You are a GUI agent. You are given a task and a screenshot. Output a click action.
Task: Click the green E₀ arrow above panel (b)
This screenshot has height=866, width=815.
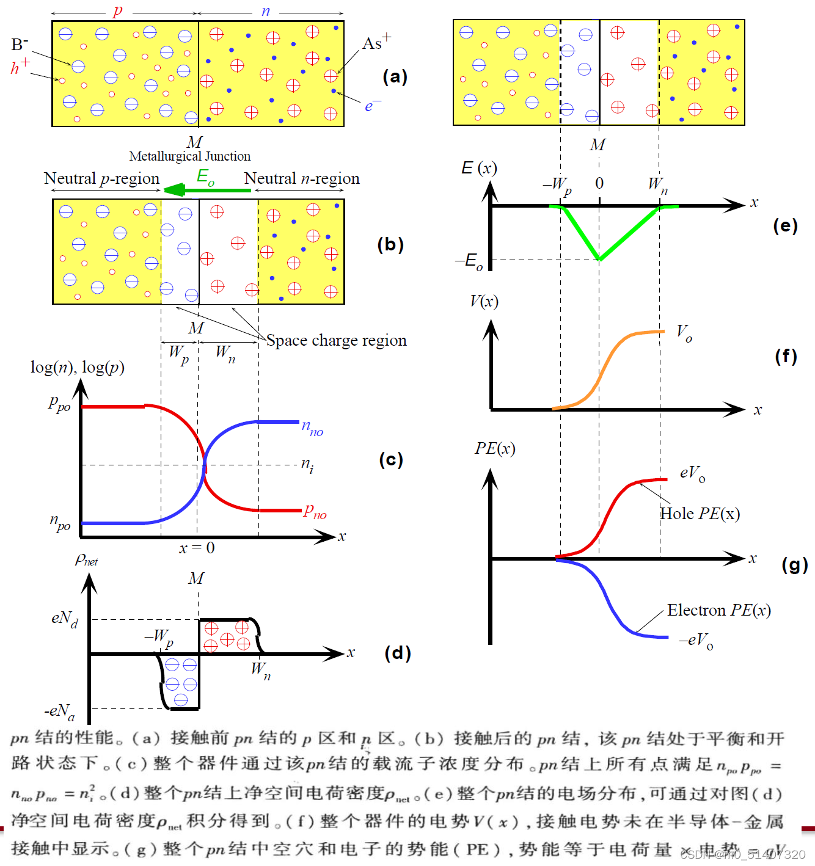[208, 190]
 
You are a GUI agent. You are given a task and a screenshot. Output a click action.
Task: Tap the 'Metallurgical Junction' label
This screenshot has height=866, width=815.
[189, 156]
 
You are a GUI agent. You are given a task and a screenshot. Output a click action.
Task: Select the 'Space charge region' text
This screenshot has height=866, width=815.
[337, 340]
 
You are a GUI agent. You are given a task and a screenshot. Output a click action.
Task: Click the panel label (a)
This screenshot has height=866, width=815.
[395, 76]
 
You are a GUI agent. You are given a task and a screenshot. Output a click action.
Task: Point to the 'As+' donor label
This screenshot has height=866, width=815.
[376, 42]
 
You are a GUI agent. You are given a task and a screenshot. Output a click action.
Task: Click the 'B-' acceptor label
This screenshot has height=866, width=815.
[20, 44]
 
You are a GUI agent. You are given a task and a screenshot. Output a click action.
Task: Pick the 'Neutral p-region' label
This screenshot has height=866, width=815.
[101, 178]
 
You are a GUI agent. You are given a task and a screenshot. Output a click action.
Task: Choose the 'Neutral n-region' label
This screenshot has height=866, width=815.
[302, 178]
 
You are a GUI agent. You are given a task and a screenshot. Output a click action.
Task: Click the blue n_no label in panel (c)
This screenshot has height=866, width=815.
[312, 428]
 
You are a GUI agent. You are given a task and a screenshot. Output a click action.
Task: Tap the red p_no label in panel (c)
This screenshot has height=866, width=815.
[315, 511]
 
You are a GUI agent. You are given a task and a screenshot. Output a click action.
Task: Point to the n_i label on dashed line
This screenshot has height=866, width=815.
[307, 465]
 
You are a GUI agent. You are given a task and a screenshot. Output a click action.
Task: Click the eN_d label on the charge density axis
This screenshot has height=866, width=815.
[64, 619]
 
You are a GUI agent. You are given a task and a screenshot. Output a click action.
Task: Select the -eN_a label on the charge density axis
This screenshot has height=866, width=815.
[60, 711]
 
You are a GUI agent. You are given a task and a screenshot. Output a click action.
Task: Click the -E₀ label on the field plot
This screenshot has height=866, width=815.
[469, 261]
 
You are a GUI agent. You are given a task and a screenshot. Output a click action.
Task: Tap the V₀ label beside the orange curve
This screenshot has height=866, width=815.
[684, 333]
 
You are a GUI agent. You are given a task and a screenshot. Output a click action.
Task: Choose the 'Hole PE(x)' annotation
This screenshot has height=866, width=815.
[700, 514]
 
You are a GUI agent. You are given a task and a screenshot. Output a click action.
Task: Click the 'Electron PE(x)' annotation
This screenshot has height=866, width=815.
[718, 610]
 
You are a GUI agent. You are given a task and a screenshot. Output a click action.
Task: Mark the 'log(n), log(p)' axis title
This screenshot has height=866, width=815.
[78, 367]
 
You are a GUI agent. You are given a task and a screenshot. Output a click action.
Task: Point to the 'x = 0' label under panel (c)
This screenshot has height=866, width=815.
[197, 548]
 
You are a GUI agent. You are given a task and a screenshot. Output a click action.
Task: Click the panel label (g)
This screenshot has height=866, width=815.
[794, 565]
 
